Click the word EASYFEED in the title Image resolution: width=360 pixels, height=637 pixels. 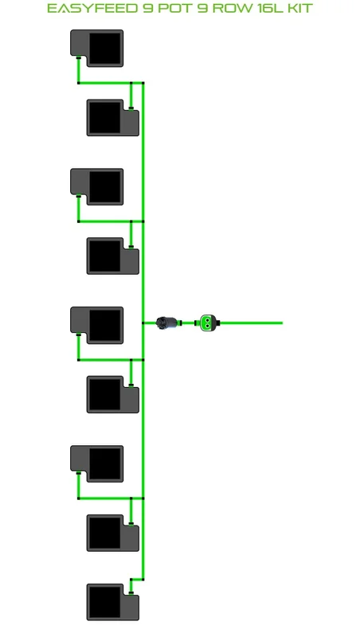click(x=92, y=8)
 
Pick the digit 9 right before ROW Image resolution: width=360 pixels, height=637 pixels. click(x=202, y=8)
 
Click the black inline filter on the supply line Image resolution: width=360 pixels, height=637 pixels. click(x=167, y=323)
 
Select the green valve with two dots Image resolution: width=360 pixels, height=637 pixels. click(x=207, y=323)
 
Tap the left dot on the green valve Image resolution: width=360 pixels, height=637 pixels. click(x=205, y=323)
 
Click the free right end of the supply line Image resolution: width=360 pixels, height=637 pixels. click(x=282, y=323)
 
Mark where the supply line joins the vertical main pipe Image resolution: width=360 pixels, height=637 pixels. click(x=143, y=323)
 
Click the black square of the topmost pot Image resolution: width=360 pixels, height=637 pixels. click(x=105, y=48)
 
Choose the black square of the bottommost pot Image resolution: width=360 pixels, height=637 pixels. click(x=104, y=602)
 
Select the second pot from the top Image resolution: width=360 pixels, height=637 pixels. click(x=113, y=118)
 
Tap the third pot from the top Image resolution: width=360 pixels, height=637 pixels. click(x=96, y=186)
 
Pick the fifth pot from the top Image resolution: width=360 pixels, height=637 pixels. click(x=96, y=325)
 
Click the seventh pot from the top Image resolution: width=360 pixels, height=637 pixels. click(x=96, y=463)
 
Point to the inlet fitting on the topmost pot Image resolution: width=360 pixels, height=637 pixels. click(x=78, y=57)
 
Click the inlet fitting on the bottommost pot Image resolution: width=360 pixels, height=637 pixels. click(x=131, y=592)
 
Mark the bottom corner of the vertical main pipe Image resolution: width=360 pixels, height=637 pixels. click(x=143, y=580)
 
